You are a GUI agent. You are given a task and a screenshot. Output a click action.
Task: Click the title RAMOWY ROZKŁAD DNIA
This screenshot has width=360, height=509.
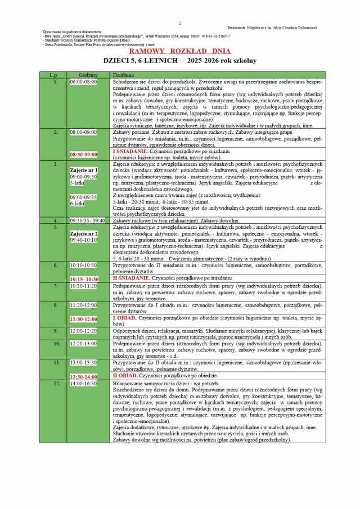(180, 51)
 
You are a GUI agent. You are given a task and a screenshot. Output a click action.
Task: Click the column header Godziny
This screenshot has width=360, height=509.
(88, 75)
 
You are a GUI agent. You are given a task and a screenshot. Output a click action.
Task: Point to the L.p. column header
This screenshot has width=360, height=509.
(53, 75)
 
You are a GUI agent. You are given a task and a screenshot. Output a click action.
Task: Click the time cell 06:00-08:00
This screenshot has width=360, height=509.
(83, 82)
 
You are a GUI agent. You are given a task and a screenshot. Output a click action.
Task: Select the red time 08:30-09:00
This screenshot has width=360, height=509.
(83, 154)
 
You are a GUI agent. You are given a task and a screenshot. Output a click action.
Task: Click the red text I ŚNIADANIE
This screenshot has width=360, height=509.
(130, 151)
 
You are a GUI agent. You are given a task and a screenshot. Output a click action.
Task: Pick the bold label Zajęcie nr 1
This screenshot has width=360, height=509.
(84, 170)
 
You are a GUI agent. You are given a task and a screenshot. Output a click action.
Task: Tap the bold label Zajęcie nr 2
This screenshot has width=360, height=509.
(84, 233)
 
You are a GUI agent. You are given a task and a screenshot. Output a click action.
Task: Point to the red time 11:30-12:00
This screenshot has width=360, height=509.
(83, 319)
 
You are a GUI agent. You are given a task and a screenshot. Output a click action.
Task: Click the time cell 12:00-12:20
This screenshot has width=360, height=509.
(83, 331)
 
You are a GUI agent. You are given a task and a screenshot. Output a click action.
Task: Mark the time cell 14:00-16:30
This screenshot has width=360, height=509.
(83, 383)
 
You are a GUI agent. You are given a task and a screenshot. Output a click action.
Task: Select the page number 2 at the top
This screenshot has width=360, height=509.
(180, 23)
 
